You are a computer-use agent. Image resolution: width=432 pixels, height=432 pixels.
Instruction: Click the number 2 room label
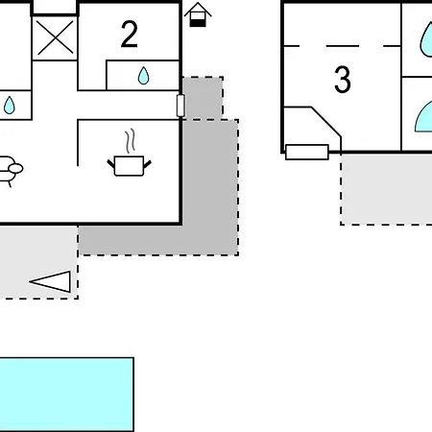tap(130, 35)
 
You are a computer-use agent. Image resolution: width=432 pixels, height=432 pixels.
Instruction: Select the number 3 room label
tap(343, 80)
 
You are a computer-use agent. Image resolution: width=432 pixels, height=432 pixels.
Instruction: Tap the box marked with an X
tap(55, 38)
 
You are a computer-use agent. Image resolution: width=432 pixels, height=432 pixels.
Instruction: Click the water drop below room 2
tap(143, 76)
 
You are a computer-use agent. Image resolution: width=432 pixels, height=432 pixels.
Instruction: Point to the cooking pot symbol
tap(129, 166)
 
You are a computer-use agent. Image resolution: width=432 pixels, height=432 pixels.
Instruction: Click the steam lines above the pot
tap(130, 141)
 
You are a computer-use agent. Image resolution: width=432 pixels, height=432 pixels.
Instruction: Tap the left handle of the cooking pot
tap(110, 164)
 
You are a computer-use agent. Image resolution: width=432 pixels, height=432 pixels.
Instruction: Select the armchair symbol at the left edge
tap(10, 171)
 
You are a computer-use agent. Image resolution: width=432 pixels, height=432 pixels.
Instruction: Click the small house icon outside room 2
tap(198, 14)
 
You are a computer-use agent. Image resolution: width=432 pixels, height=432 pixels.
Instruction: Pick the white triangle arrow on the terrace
tap(51, 281)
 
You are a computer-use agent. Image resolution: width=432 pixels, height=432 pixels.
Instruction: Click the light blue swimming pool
tap(66, 395)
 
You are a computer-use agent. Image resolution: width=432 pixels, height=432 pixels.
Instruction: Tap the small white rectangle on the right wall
tap(180, 106)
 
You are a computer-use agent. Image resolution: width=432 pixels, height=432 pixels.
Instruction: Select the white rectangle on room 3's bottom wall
tap(307, 152)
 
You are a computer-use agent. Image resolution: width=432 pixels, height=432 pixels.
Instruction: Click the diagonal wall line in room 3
tap(326, 122)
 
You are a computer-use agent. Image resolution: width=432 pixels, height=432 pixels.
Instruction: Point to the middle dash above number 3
tap(343, 46)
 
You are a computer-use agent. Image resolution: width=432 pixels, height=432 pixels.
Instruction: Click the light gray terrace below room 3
tap(387, 189)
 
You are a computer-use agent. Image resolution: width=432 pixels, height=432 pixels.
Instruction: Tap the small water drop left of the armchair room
tap(10, 106)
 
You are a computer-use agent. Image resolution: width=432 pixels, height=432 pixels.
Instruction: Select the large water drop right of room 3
tap(426, 39)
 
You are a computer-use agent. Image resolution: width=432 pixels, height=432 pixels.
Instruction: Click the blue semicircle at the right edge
tap(423, 116)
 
